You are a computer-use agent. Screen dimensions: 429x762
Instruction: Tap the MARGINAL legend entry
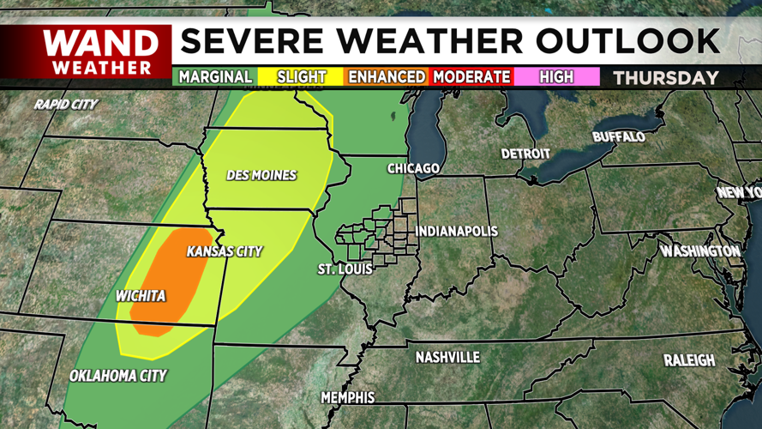(x=215, y=77)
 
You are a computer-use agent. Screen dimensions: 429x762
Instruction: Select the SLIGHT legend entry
(x=302, y=77)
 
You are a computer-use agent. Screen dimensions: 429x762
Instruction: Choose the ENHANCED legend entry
(x=386, y=77)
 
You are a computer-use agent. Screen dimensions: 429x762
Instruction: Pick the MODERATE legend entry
(x=471, y=77)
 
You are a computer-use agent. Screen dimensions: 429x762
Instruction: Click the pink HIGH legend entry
(x=556, y=77)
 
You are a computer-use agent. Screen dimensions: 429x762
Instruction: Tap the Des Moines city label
(x=261, y=175)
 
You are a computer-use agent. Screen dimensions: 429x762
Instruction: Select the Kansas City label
(x=225, y=251)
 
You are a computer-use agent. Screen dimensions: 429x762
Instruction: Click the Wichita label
(x=141, y=297)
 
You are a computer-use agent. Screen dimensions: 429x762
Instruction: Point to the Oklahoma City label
(x=118, y=376)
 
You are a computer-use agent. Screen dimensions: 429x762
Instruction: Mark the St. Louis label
(x=345, y=269)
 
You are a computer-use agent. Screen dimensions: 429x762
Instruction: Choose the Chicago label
(x=413, y=168)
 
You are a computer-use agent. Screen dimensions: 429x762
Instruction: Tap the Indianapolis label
(x=456, y=232)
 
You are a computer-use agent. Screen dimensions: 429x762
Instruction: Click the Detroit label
(x=525, y=154)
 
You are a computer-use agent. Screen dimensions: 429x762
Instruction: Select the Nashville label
(x=447, y=357)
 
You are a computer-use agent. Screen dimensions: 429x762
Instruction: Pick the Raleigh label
(x=688, y=360)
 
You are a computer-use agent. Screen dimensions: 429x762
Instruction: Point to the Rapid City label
(x=66, y=105)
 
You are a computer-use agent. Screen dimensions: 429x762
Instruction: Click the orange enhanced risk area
(x=171, y=279)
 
